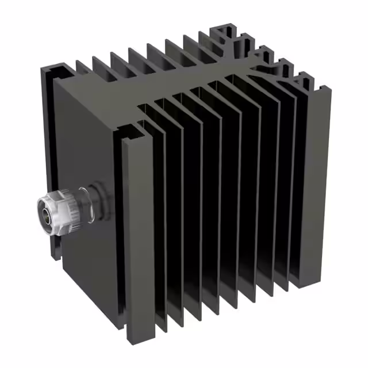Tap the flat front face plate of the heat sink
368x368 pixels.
coord(92,144)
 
